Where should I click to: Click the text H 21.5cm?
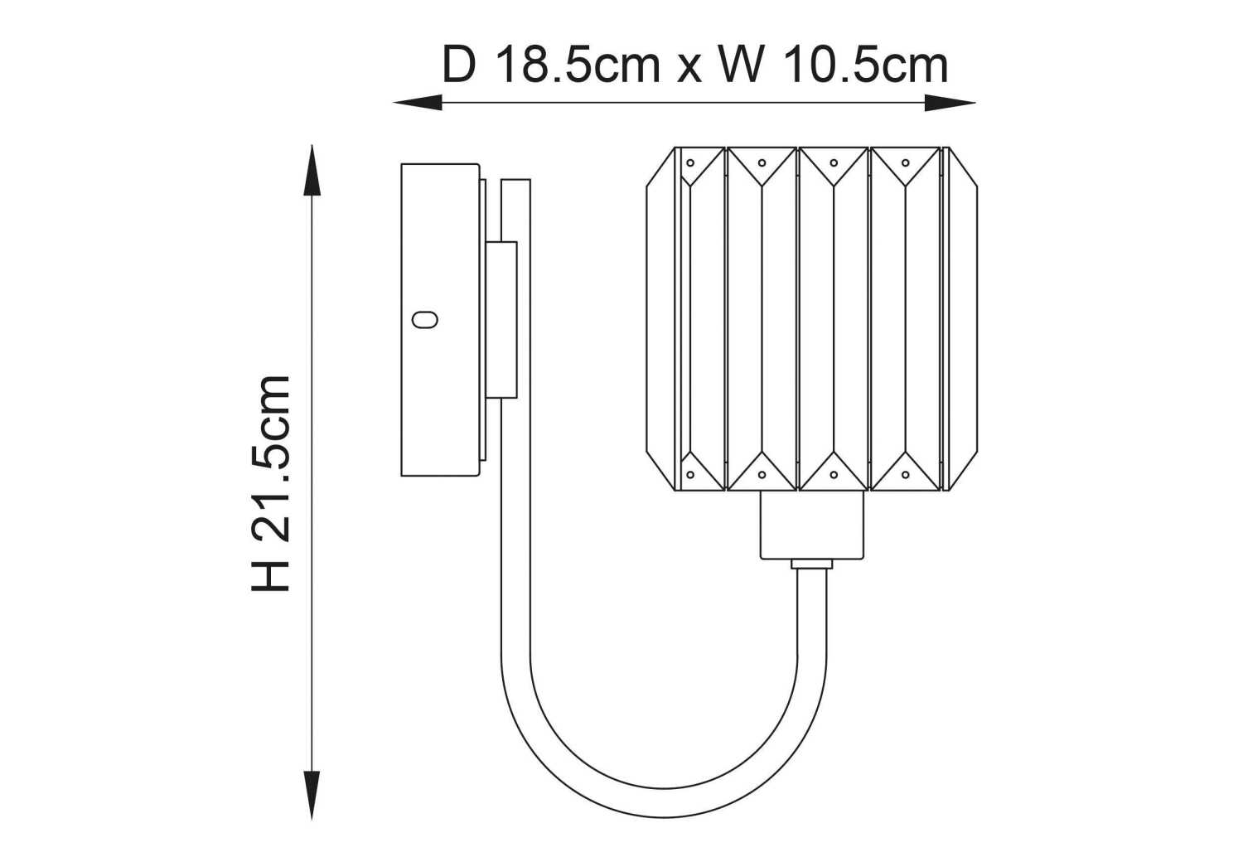271,483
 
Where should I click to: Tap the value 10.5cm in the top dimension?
866,65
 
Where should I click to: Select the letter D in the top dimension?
459,65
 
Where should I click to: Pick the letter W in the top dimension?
742,65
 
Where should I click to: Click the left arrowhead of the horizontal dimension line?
418,103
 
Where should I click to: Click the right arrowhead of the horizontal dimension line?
950,103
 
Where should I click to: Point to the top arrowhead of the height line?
312,170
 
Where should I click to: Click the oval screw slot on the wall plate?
425,320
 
